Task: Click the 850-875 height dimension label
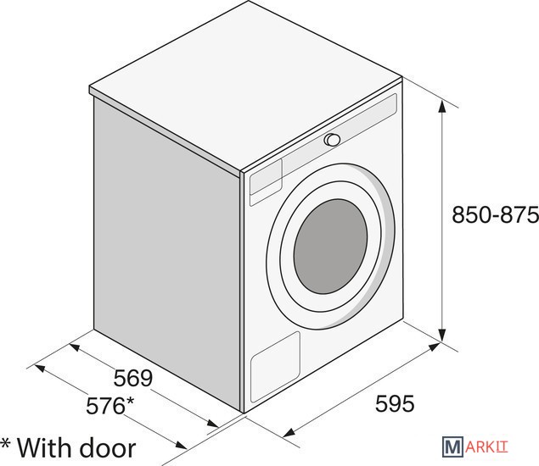point(495,215)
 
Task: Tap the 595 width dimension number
point(395,403)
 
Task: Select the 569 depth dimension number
point(133,378)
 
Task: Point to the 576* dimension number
point(110,405)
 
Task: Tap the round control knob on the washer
point(332,140)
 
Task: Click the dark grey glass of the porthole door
point(330,247)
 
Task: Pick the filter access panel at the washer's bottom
point(275,367)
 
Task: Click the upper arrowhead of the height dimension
point(442,107)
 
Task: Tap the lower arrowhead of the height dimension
point(442,335)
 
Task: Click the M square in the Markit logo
point(452,447)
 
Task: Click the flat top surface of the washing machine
point(246,86)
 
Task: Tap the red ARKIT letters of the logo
point(486,447)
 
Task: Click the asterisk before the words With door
point(5,444)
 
